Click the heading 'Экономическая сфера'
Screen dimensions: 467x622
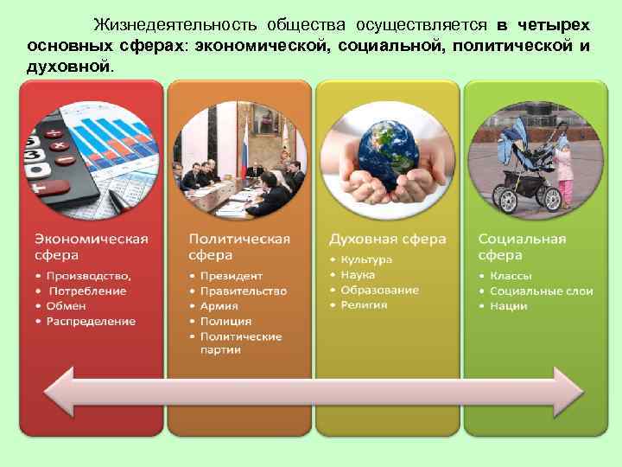click(91, 246)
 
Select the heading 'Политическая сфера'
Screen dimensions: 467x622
click(238, 246)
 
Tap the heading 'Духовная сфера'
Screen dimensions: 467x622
click(387, 239)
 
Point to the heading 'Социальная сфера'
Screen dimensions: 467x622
click(522, 246)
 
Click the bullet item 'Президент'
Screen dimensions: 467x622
click(231, 276)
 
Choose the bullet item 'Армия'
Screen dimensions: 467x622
click(219, 306)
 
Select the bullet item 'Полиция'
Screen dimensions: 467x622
click(225, 321)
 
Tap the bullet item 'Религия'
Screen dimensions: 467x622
click(364, 304)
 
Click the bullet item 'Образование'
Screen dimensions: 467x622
click(379, 290)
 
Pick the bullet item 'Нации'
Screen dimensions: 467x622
click(509, 306)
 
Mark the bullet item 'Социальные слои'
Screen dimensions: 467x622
click(542, 291)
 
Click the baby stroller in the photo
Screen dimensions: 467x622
click(524, 164)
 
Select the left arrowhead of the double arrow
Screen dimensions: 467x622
click(60, 392)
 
